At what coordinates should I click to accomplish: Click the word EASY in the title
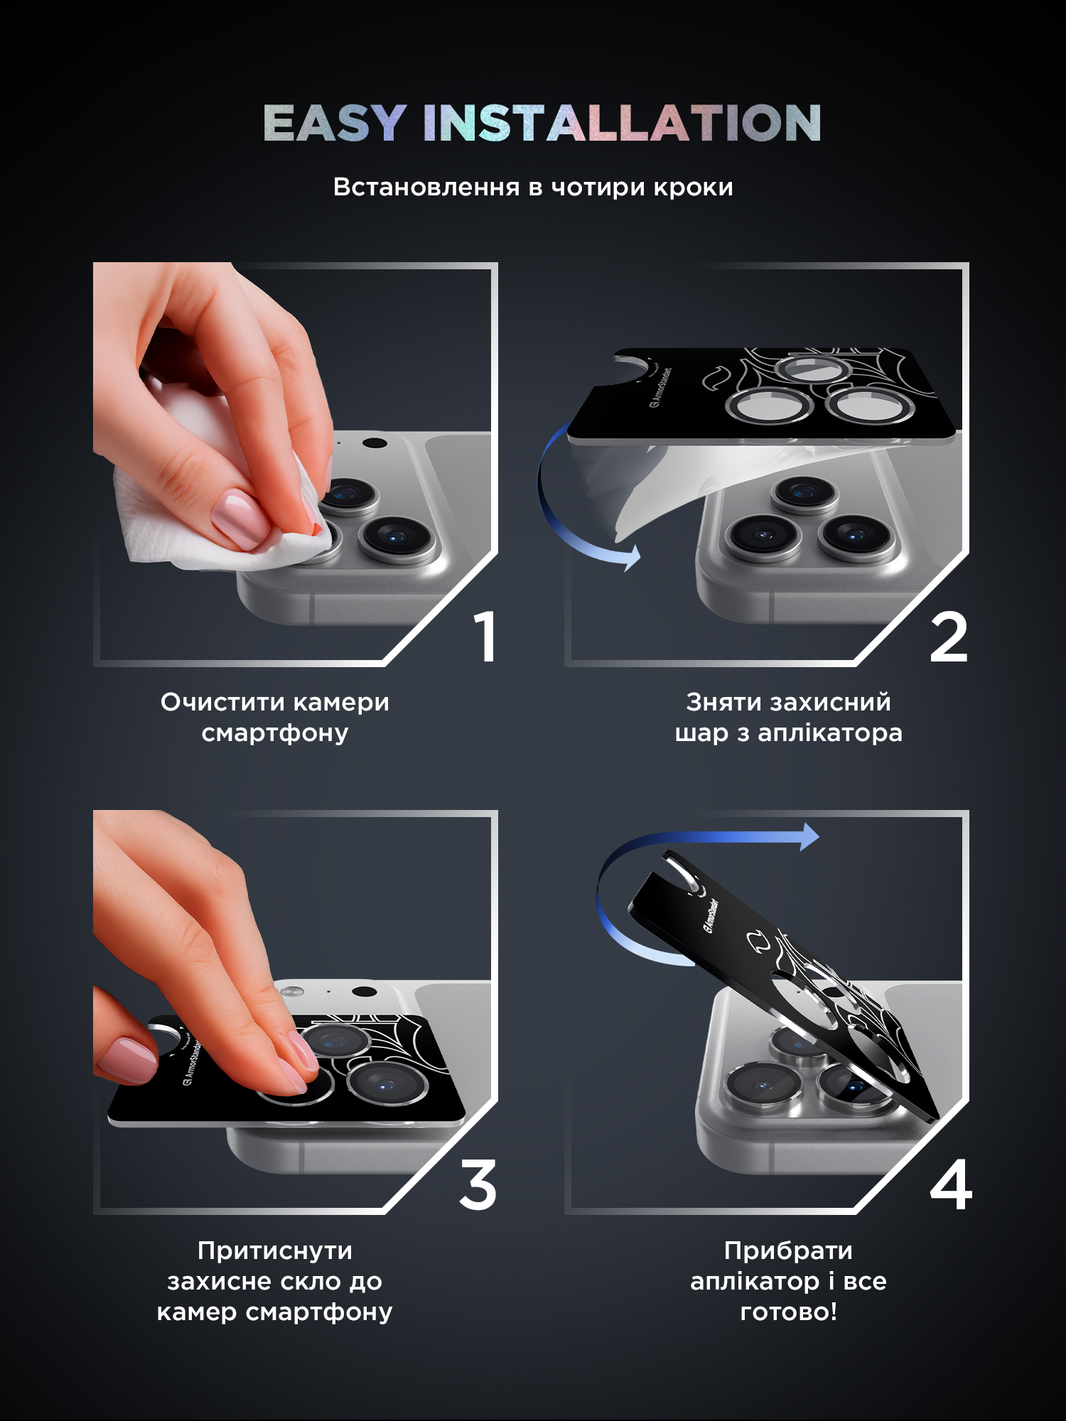point(335,123)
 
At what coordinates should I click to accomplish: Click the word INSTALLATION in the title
point(623,123)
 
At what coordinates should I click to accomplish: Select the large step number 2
point(949,637)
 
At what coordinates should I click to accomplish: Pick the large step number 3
point(478,1184)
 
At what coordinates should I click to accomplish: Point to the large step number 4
point(951,1184)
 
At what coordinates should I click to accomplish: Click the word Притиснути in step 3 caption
point(275,1250)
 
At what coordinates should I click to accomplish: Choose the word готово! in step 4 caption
point(789,1312)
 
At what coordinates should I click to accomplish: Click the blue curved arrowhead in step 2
point(630,558)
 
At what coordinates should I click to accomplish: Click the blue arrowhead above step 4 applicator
point(809,837)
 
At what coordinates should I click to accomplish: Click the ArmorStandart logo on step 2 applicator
point(660,388)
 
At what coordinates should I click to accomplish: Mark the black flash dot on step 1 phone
point(375,443)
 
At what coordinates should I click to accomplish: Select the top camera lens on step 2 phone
point(805,492)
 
